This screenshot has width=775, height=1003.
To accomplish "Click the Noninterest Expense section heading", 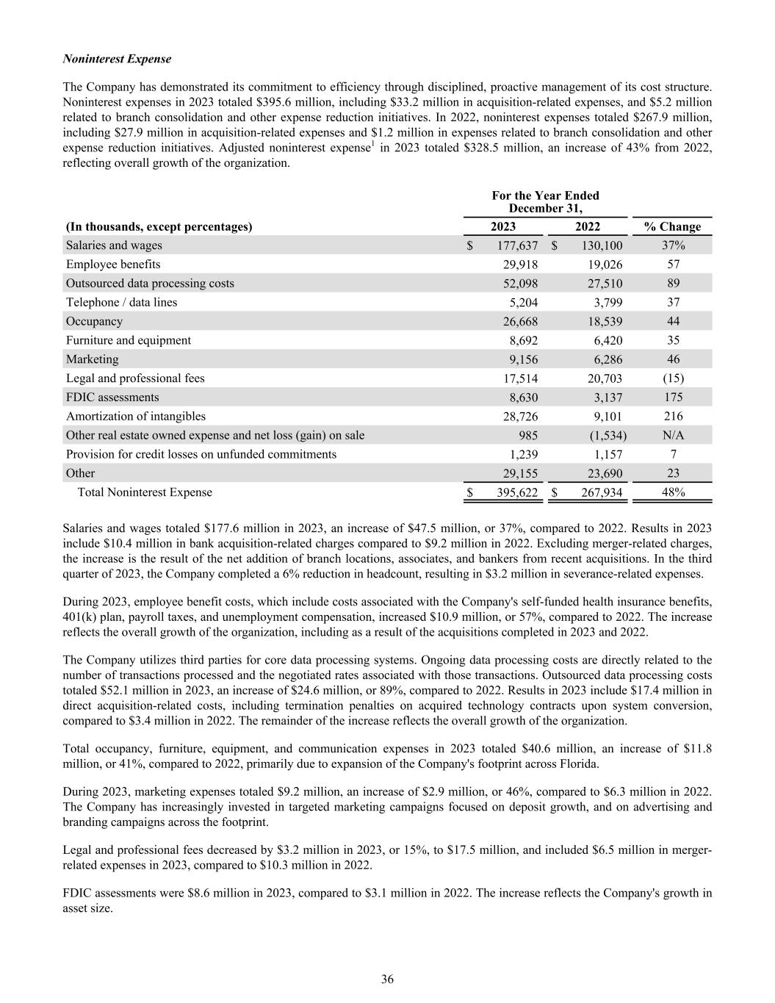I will click(117, 59).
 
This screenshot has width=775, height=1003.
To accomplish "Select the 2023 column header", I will click(503, 226).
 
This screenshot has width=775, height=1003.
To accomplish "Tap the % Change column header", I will click(672, 226).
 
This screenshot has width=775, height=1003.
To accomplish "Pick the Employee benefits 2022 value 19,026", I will click(602, 265).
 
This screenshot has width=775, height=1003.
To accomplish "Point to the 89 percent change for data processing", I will click(673, 284).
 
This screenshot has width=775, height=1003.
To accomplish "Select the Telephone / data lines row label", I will click(121, 302).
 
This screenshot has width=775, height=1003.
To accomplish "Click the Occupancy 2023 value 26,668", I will click(518, 321).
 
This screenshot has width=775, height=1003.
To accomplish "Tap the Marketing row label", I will click(92, 359).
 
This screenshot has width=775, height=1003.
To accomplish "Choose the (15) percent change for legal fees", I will click(673, 378).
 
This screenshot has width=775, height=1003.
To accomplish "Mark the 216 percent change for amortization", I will click(673, 417).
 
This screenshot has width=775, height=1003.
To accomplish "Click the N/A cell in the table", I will click(673, 436).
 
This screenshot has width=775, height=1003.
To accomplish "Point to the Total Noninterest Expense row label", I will click(145, 492).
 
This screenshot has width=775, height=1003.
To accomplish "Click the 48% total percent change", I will click(673, 492).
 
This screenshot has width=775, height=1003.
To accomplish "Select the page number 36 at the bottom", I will click(388, 979).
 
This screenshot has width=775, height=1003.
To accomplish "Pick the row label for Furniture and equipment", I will click(129, 340).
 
